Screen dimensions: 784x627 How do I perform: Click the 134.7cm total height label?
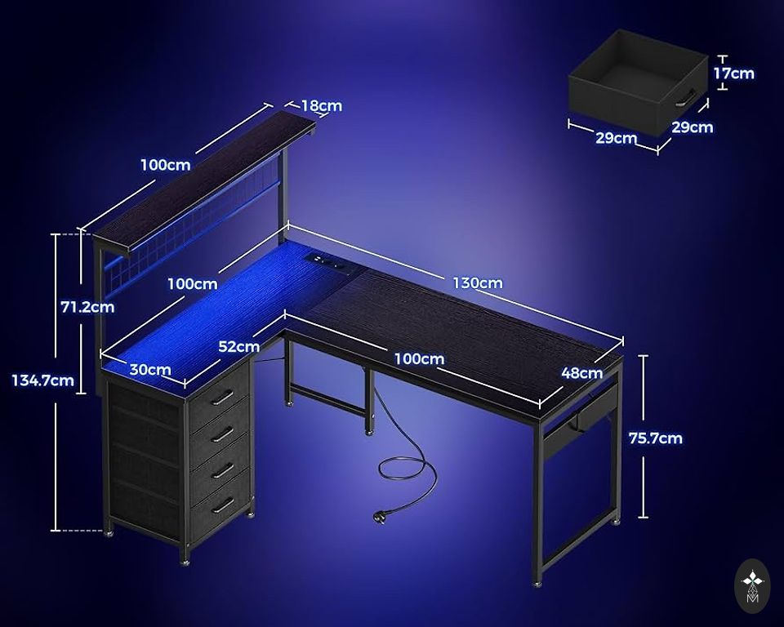43,380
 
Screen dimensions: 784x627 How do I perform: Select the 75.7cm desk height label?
656,438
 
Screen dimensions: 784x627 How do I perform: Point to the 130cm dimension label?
478,283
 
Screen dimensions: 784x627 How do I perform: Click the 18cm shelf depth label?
322,106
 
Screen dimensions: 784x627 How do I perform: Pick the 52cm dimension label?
239,346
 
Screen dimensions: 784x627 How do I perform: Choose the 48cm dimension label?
582,372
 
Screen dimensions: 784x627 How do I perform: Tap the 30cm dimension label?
150,370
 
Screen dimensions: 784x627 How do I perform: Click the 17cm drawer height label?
733,73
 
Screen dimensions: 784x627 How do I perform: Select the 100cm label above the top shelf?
166,164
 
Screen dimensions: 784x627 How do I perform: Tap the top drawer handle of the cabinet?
221,398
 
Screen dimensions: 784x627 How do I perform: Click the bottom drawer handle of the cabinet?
222,506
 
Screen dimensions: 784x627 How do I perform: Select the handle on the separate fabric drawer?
686,97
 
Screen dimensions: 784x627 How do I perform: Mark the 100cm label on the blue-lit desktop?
193,284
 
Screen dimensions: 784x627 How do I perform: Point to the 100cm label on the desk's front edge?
419,358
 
